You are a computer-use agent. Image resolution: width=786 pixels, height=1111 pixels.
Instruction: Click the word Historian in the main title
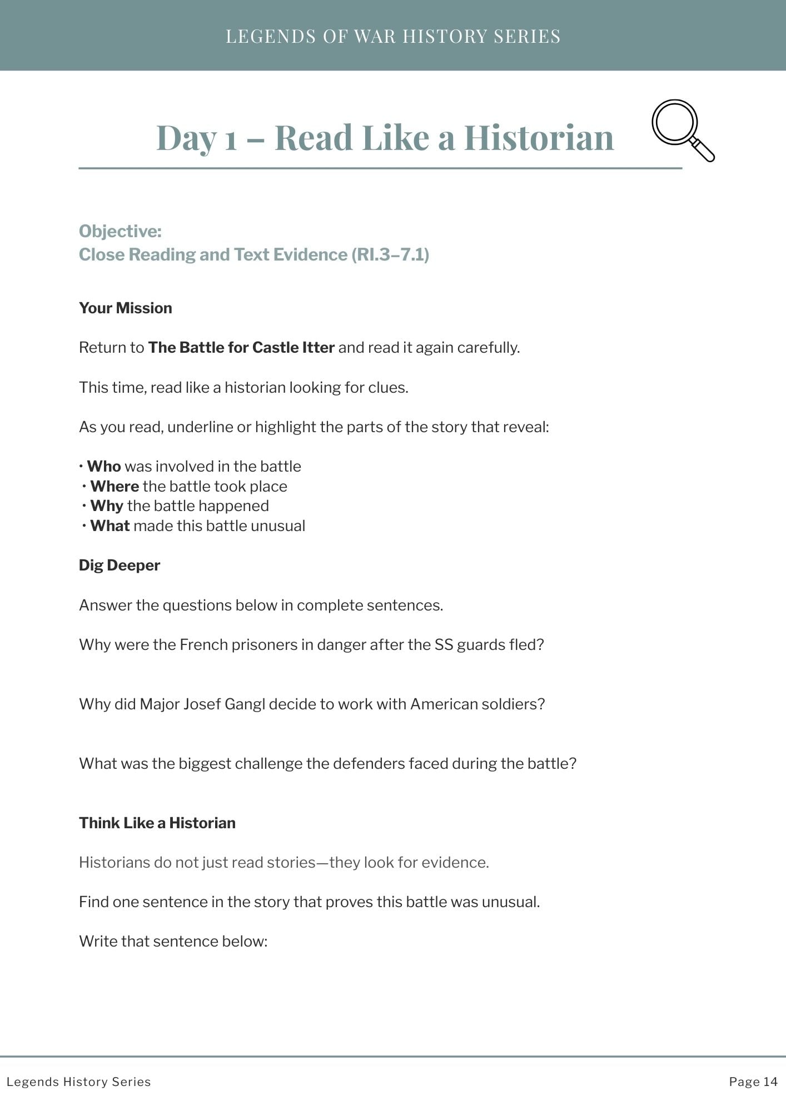tap(539, 137)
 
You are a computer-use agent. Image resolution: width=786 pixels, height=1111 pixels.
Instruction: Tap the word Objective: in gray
tap(120, 231)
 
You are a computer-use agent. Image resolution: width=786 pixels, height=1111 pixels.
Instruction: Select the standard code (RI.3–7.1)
tap(390, 254)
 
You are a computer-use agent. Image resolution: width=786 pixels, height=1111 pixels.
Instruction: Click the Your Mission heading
tap(126, 308)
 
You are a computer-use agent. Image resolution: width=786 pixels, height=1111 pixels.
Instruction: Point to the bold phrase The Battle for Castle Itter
tap(241, 348)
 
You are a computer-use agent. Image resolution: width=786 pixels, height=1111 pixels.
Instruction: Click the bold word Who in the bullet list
tap(104, 467)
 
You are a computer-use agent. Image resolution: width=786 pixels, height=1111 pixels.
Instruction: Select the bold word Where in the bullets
tap(115, 487)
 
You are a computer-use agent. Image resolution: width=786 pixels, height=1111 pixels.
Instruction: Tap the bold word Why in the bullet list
tap(107, 506)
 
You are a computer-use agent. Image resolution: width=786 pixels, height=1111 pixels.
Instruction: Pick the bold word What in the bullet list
tap(110, 526)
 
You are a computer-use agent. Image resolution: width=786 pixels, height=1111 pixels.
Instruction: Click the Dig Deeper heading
tap(120, 565)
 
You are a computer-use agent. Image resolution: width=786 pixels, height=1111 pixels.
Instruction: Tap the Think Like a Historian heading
tap(157, 823)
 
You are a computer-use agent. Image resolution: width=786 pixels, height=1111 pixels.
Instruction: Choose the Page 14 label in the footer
tap(753, 1082)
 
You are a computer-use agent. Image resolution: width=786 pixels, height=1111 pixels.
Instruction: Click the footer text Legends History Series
tap(79, 1082)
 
